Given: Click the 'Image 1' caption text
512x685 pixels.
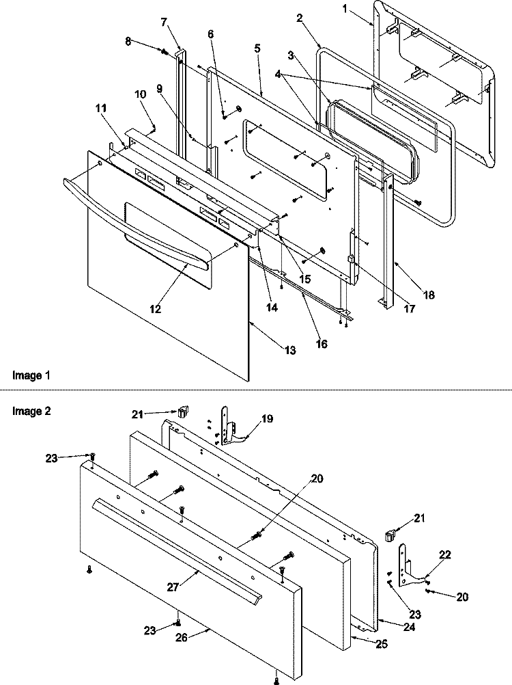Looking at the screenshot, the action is (x=31, y=375).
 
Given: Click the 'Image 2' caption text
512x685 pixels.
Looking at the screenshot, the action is (x=31, y=411).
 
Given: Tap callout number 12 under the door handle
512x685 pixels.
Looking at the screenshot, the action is (x=156, y=309).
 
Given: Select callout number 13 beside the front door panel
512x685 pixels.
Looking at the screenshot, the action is (x=290, y=350).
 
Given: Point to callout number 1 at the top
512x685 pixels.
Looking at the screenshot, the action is (x=345, y=8).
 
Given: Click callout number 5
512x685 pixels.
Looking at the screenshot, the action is (x=257, y=48).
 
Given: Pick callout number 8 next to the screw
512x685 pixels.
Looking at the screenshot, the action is (x=128, y=41).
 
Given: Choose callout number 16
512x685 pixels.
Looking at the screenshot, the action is (x=322, y=344).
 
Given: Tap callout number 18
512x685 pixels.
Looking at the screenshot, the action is (x=429, y=295).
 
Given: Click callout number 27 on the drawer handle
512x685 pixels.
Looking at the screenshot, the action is (x=173, y=587).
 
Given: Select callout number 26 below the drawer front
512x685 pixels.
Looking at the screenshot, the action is (x=182, y=638).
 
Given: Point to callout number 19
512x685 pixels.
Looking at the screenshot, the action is (x=267, y=419).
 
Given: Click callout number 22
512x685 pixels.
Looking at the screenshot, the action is (x=445, y=554).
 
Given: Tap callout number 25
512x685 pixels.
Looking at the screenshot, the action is (x=381, y=644).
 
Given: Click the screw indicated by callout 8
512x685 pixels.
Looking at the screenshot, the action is (x=165, y=52).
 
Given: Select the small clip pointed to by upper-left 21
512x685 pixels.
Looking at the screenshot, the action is (x=183, y=411).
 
